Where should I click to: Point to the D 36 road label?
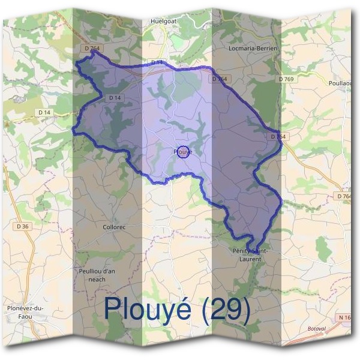(23, 226)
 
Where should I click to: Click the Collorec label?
(114, 228)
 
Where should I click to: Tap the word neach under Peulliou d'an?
(97, 279)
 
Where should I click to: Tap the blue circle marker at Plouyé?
(184, 152)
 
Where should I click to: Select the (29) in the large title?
(225, 309)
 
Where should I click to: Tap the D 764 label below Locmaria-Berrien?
(220, 79)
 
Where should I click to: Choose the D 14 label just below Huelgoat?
(157, 62)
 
